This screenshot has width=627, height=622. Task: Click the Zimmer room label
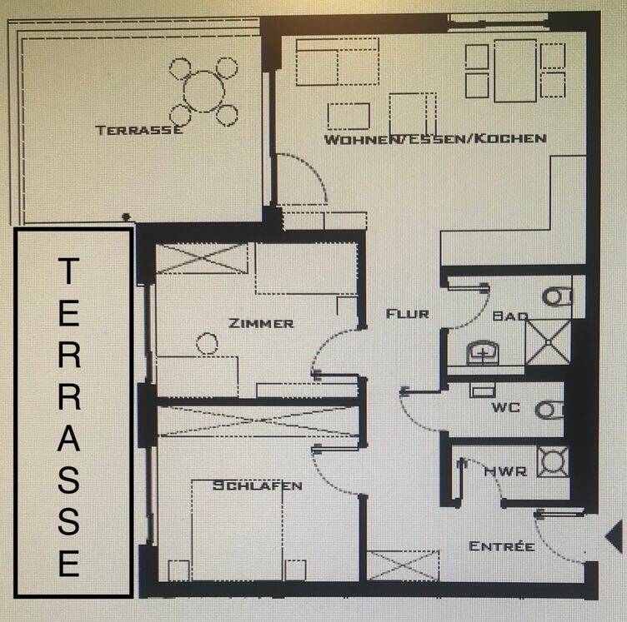[261, 323]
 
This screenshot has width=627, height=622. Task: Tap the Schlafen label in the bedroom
[257, 485]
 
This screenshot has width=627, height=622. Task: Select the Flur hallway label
[408, 314]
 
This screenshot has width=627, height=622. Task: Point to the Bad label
[510, 316]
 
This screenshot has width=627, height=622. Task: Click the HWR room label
[505, 471]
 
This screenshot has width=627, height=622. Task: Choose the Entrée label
[501, 545]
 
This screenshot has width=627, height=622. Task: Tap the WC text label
[506, 407]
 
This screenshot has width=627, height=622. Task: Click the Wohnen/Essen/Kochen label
[435, 139]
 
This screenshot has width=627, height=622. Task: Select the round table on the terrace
[204, 92]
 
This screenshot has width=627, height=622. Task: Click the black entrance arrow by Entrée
[615, 536]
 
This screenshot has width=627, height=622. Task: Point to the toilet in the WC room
[549, 410]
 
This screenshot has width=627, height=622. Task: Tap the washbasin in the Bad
[483, 352]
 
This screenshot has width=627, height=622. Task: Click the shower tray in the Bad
[549, 342]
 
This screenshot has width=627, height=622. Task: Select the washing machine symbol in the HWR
[553, 461]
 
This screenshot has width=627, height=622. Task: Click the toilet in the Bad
[557, 296]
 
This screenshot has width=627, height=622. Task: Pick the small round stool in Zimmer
[207, 343]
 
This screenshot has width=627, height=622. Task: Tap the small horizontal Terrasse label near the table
[138, 130]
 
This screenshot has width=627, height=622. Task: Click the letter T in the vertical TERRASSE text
[68, 271]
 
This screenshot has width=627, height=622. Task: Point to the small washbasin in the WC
[483, 391]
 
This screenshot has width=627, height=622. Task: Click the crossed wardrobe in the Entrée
[403, 565]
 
